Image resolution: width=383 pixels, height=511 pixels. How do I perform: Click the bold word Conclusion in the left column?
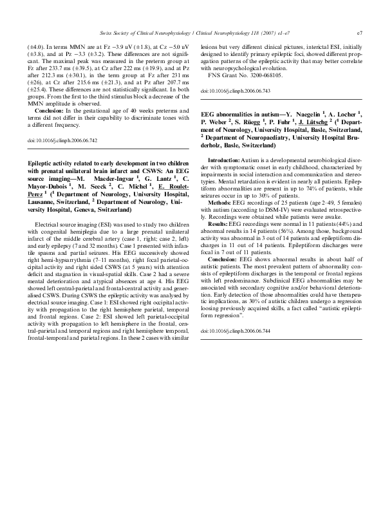51,111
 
